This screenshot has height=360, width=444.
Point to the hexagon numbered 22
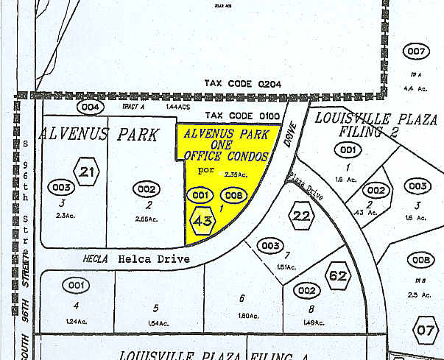coord(302,216)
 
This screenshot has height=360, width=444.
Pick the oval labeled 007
coord(416,51)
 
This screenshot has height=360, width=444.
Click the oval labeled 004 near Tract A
coord(91,107)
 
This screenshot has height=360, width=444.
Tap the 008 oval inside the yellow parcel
coord(233,195)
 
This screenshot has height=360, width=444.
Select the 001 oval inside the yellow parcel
coord(200,195)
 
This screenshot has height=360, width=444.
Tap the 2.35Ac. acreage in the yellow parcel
coord(236,175)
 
